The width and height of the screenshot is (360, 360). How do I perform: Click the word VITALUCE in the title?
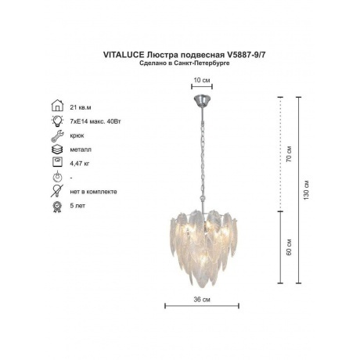tap(124, 55)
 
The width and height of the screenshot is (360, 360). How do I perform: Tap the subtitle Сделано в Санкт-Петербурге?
tap(185, 63)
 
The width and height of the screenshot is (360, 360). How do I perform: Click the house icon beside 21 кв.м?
tap(57, 106)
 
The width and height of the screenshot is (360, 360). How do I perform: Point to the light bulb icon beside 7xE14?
tap(57, 121)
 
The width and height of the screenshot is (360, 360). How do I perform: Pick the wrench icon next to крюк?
tap(57, 135)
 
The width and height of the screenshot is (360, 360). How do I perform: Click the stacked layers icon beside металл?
tap(57, 149)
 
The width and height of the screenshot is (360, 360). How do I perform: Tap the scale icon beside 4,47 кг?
tap(57, 162)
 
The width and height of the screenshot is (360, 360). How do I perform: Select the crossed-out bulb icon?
tap(57, 191)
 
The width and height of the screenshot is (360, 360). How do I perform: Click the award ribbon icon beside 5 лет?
tap(57, 207)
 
